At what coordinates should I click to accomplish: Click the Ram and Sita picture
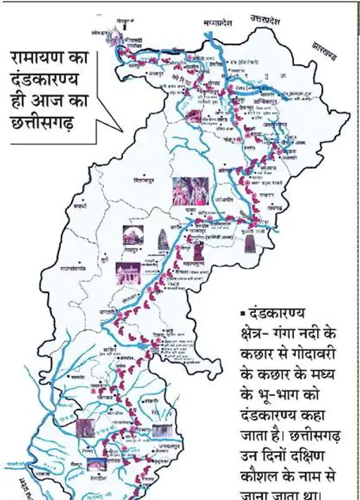tap(190, 191)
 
